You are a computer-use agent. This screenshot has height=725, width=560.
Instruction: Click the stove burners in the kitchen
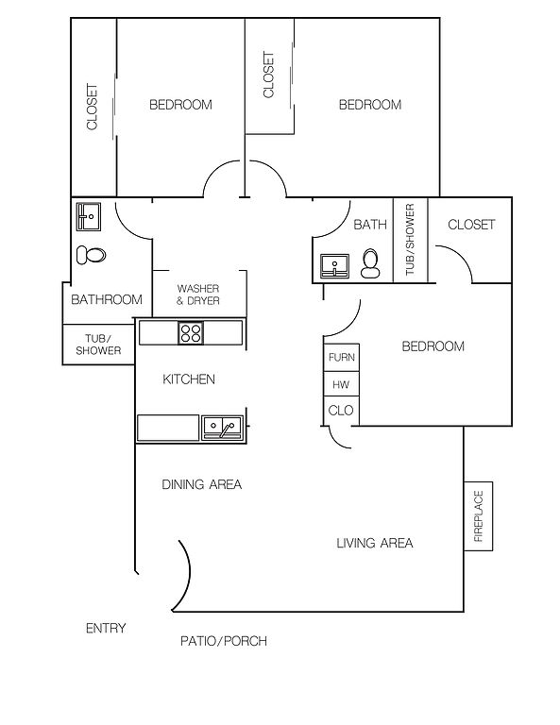coord(191,332)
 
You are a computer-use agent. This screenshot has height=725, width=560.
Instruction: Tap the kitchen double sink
coord(223,428)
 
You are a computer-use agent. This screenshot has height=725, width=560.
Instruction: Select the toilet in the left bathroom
coord(91,255)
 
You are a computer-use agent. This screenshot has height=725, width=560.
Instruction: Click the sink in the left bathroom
coord(89,216)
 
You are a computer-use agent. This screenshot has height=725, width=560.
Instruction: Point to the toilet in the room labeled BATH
coord(370,263)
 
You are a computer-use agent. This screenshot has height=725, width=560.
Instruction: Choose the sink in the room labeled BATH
coord(335,266)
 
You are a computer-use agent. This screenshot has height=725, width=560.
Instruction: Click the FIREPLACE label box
coord(478,516)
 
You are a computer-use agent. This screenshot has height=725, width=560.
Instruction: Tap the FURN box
coord(341,357)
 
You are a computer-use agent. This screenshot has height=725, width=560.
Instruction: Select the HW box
coord(341,384)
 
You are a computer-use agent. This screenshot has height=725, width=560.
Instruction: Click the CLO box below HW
coord(341,411)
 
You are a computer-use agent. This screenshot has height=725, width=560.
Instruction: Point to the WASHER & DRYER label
coord(198,295)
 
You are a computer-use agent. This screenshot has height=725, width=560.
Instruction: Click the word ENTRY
coord(106,628)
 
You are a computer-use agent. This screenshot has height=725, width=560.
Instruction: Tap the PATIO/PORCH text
coord(224,641)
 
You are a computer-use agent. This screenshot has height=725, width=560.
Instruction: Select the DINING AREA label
coord(201,484)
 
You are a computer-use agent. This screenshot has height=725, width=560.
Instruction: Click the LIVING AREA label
coord(375,543)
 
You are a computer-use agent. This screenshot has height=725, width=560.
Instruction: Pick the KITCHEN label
coord(189,379)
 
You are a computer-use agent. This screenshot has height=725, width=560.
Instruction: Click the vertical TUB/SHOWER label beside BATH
coord(410,240)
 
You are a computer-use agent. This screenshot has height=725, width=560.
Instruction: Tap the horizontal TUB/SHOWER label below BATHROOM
coord(98,345)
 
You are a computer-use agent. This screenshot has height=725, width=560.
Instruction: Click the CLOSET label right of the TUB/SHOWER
coord(471,225)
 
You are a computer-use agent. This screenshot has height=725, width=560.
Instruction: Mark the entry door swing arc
coord(189,573)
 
